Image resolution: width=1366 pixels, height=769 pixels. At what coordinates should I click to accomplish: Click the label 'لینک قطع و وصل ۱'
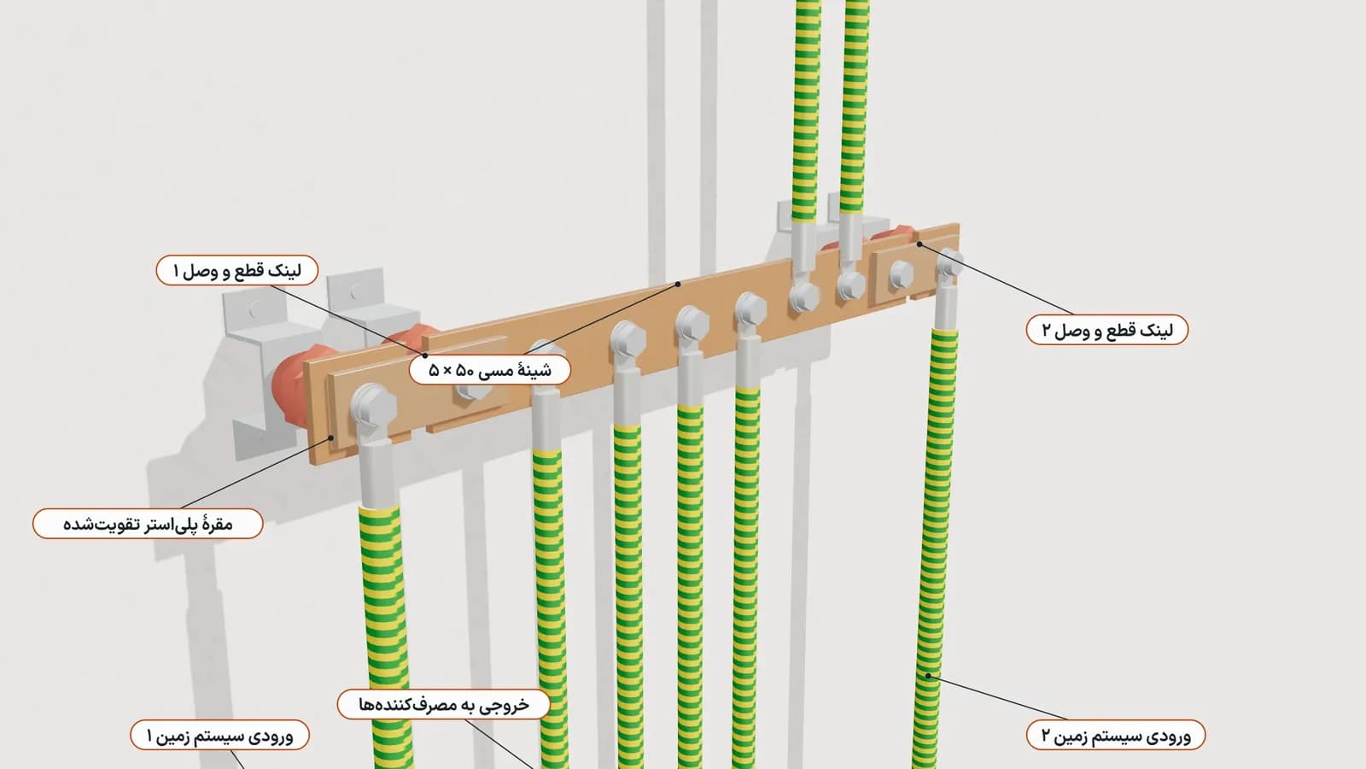click(237, 270)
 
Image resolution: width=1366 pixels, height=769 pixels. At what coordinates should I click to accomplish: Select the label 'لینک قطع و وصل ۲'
click(1107, 330)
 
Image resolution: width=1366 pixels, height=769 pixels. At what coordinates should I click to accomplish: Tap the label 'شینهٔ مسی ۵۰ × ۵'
click(490, 370)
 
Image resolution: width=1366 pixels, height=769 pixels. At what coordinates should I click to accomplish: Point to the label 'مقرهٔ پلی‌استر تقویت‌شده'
click(149, 524)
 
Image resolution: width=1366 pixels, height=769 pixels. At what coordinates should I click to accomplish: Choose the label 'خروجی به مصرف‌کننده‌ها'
click(444, 705)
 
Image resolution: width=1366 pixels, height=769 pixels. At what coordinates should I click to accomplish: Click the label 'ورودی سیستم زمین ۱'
click(220, 736)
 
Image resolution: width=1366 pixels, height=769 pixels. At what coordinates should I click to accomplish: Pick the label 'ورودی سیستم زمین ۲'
click(1116, 735)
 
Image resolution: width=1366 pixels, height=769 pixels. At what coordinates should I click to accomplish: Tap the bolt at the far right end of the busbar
click(949, 262)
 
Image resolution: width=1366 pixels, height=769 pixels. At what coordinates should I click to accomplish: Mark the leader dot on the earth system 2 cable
click(928, 676)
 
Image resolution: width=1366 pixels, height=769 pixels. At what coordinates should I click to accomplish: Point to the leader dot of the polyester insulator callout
click(331, 437)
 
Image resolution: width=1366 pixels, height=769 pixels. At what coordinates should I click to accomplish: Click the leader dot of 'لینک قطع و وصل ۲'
click(919, 244)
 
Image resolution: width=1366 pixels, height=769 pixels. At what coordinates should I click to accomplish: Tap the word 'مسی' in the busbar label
click(494, 371)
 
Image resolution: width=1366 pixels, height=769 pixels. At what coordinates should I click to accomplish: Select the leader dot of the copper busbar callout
click(678, 284)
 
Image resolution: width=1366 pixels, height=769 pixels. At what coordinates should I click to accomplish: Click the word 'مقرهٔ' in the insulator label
click(217, 525)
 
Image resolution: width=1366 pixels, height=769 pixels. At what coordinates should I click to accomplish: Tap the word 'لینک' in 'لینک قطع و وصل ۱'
click(285, 270)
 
